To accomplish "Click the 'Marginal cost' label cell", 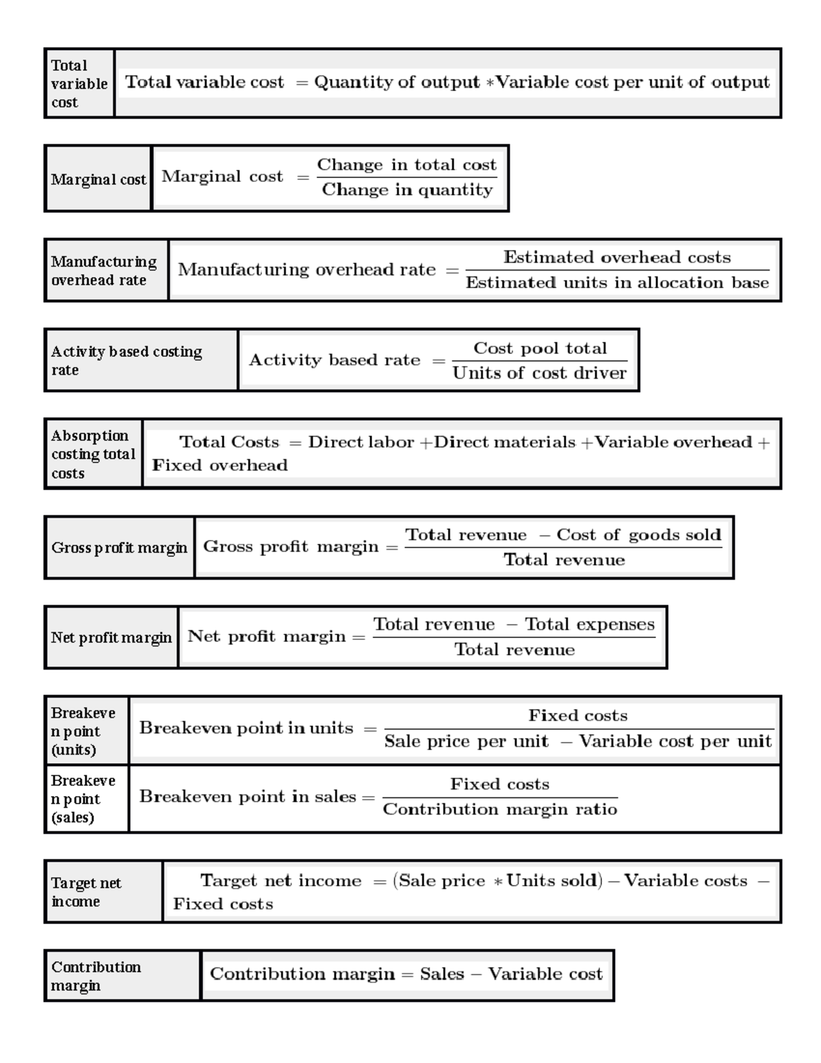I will pos(98,179).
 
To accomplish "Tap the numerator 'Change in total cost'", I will pos(406,165).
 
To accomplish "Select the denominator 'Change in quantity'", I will pos(407,190).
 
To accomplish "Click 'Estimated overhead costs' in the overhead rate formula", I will pos(617,257).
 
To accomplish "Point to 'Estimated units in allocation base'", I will pos(617,283).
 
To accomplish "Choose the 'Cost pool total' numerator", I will pos(540,348).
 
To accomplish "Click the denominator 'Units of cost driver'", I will pos(539,373).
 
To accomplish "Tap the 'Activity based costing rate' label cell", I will pos(140,361).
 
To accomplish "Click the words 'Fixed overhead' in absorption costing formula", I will pos(220,465).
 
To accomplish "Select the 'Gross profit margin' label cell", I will pos(119,548).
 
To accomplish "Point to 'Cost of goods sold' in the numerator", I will pos(639,535).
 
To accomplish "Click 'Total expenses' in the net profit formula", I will pos(590,624).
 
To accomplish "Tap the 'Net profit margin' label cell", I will pos(111,638).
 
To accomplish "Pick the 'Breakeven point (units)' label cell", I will pos(86,731).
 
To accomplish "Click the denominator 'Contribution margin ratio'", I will pos(499,810).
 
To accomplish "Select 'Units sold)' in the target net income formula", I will pos(554,881).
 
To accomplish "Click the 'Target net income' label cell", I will pos(103,892).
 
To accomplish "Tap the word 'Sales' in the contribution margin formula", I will pos(442,974).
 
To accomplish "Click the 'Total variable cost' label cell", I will pos(79,84).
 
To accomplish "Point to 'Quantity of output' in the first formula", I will pos(397,83).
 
